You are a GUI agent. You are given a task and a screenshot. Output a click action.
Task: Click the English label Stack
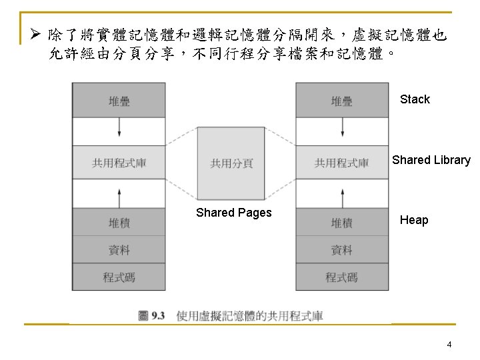click(x=415, y=99)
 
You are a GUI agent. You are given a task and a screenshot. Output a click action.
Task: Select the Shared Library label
click(x=431, y=160)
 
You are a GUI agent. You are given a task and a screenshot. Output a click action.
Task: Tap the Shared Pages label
click(x=233, y=213)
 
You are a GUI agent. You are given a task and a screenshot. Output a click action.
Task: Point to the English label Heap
click(x=414, y=220)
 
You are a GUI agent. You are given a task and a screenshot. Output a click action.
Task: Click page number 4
click(x=449, y=345)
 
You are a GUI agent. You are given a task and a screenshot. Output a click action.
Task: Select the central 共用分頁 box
click(x=231, y=163)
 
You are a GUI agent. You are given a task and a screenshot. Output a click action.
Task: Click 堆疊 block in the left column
click(x=119, y=101)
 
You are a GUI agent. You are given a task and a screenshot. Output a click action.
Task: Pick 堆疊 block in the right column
click(x=342, y=101)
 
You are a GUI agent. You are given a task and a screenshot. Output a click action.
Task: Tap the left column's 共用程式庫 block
click(x=119, y=163)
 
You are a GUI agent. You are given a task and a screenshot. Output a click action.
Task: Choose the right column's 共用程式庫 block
click(x=342, y=163)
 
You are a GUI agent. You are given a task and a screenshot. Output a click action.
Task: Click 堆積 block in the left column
click(x=119, y=222)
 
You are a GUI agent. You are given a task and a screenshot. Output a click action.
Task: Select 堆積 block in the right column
click(x=342, y=222)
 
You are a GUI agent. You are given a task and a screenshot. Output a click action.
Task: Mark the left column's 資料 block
click(x=119, y=250)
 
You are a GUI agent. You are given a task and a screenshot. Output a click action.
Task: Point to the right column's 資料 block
click(x=342, y=250)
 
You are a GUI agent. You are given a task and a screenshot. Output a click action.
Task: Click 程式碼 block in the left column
click(x=119, y=277)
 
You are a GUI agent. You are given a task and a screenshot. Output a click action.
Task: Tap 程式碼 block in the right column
click(x=342, y=277)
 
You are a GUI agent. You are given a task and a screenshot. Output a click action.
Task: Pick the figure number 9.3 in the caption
click(x=158, y=315)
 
